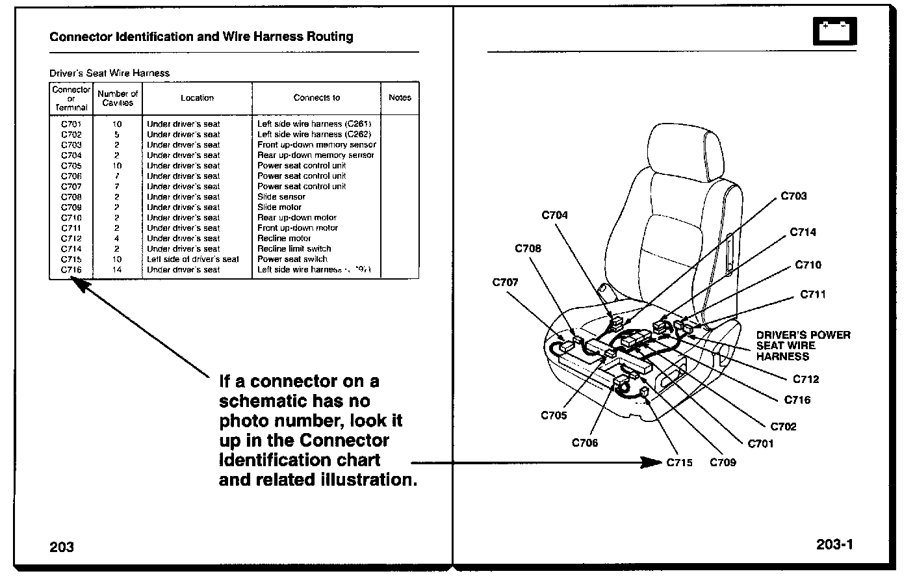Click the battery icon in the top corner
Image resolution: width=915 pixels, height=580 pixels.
click(834, 31)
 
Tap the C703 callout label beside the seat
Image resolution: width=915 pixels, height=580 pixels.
click(793, 196)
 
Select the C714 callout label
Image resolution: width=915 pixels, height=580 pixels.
click(803, 232)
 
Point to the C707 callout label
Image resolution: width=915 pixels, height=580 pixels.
click(505, 282)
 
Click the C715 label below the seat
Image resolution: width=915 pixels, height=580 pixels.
click(679, 463)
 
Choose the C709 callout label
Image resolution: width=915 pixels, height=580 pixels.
click(723, 463)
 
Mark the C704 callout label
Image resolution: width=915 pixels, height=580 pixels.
click(554, 215)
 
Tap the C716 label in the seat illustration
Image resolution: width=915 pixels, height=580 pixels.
click(797, 400)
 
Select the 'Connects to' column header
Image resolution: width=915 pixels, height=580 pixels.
click(316, 98)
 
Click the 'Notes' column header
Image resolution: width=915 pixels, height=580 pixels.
click(400, 98)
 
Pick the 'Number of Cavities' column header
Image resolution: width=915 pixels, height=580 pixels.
click(118, 98)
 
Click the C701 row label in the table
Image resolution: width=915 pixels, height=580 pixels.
click(71, 124)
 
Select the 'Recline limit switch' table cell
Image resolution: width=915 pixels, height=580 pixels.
click(294, 248)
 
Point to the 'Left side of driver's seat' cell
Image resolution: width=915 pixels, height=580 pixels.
click(192, 259)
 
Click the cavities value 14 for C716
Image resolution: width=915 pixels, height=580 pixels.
click(117, 269)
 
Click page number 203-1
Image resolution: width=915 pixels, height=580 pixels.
click(834, 544)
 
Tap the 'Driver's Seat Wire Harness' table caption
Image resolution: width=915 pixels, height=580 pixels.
click(109, 73)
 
